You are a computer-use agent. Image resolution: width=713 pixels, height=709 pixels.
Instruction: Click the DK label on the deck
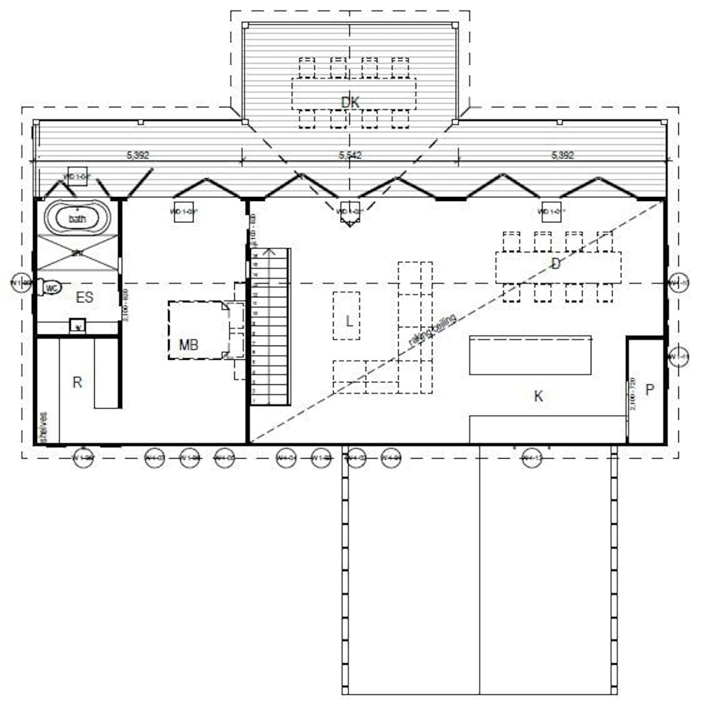(x=350, y=102)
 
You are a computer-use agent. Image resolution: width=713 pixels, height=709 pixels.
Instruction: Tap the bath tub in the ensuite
(x=77, y=219)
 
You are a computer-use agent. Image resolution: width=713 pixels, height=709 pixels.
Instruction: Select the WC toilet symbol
(x=51, y=288)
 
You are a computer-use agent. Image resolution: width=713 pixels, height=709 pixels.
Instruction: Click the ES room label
(x=85, y=297)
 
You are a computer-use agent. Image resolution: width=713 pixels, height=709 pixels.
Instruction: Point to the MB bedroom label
(x=188, y=345)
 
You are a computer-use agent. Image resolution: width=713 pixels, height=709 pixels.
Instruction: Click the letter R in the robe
(x=77, y=382)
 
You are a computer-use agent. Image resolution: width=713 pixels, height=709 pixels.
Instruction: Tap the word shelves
(x=44, y=427)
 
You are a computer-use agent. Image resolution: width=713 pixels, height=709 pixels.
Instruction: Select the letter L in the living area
(x=349, y=321)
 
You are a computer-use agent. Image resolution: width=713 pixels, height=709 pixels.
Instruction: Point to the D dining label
(x=556, y=264)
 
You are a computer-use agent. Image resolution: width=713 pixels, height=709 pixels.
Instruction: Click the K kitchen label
(x=538, y=396)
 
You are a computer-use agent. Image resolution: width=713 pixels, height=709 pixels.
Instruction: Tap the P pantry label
(x=649, y=390)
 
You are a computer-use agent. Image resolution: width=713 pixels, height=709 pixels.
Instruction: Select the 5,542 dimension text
(x=350, y=155)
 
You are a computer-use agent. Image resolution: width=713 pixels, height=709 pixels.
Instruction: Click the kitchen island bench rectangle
(x=530, y=355)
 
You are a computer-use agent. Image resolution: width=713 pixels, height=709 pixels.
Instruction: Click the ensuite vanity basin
(x=77, y=326)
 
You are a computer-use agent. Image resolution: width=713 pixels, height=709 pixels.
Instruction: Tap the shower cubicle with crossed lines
(x=77, y=252)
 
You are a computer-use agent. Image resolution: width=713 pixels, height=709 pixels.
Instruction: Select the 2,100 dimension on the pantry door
(x=633, y=393)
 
